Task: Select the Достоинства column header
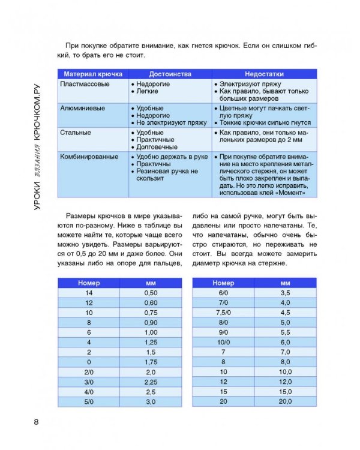pyautogui.click(x=170, y=74)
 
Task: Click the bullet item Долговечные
pyautogui.click(x=157, y=146)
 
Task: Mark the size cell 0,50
pyautogui.click(x=151, y=292)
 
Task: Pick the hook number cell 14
pyautogui.click(x=89, y=292)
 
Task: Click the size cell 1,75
pyautogui.click(x=151, y=362)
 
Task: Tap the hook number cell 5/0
pyautogui.click(x=89, y=401)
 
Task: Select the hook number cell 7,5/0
pyautogui.click(x=223, y=312)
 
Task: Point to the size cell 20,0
pyautogui.click(x=285, y=401)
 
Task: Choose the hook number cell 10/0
pyautogui.click(x=223, y=341)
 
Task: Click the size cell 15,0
pyautogui.click(x=285, y=391)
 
